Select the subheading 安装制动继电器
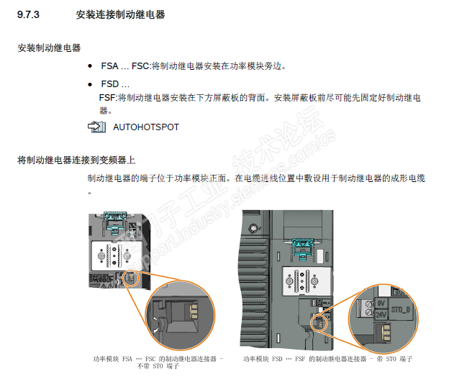click(49, 47)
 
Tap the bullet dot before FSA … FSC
click(90, 66)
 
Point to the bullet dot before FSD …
click(90, 84)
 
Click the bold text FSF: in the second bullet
click(107, 98)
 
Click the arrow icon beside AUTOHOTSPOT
click(96, 127)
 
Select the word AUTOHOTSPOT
click(146, 127)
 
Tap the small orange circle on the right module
click(319, 320)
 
